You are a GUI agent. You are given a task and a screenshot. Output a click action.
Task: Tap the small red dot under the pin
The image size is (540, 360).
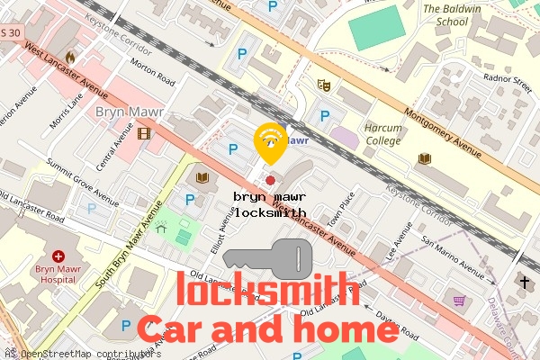[270, 180]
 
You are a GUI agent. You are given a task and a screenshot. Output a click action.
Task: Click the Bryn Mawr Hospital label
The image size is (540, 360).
[58, 274]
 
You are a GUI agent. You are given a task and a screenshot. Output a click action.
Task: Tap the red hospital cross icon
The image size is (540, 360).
[58, 256]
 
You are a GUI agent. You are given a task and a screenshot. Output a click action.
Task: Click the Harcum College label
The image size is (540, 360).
[382, 134]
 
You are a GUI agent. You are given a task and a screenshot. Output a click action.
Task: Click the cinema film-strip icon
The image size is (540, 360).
[144, 134]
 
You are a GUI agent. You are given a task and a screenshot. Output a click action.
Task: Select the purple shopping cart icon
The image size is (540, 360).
[459, 300]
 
